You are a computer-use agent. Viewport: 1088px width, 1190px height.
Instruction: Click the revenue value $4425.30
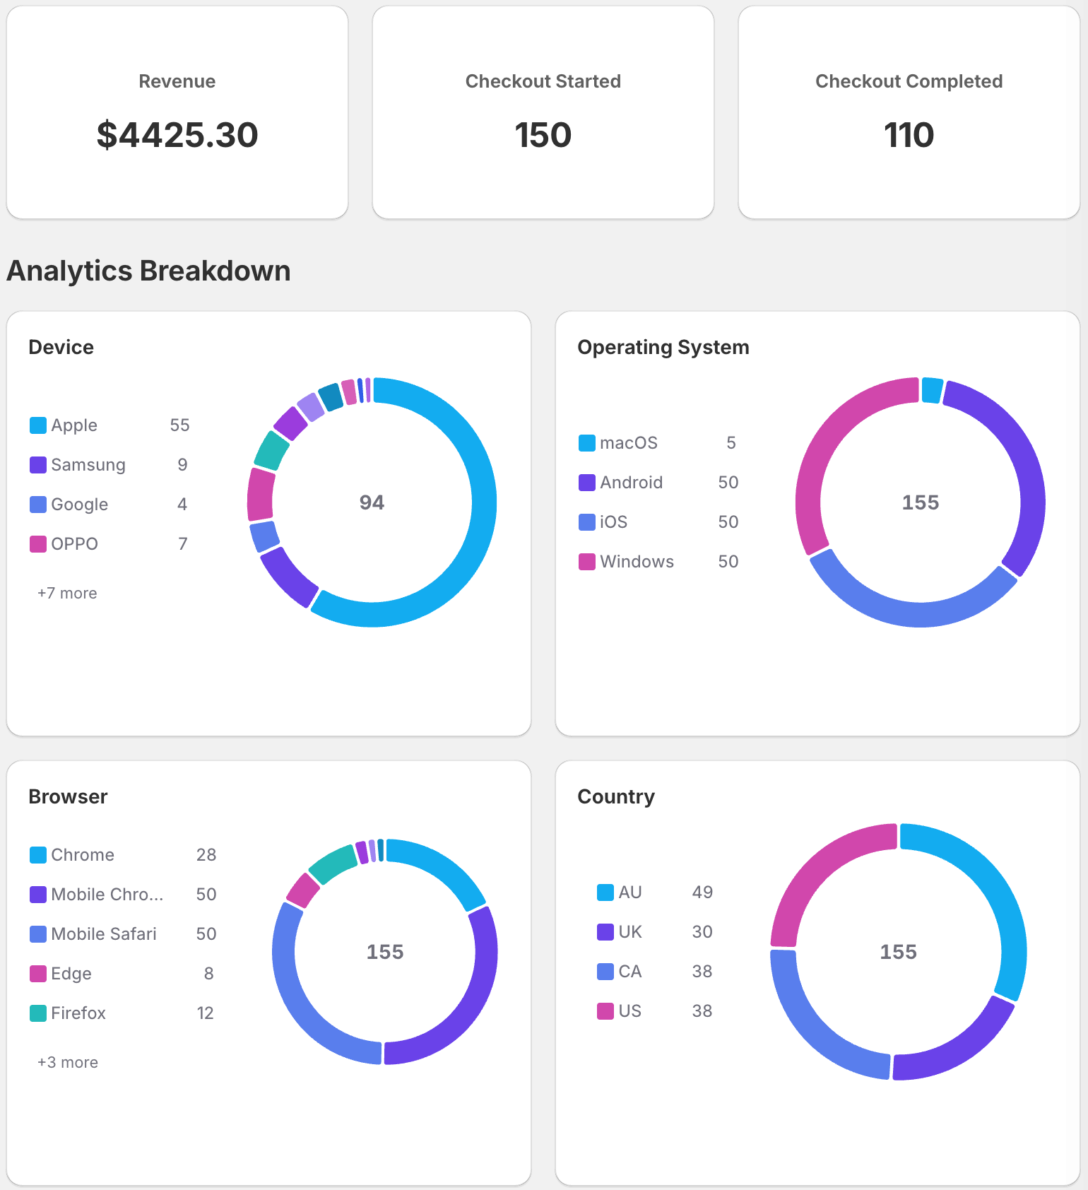pos(177,135)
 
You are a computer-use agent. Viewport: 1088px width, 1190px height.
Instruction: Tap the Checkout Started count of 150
pos(543,135)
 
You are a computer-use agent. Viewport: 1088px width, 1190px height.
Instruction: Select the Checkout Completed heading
pos(909,81)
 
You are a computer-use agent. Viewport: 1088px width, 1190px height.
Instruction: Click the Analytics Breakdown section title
pos(148,271)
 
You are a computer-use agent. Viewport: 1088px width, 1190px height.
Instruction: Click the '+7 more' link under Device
pos(67,594)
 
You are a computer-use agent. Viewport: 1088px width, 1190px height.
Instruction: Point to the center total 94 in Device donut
pos(372,502)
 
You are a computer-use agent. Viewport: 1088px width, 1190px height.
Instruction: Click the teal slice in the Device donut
pos(271,450)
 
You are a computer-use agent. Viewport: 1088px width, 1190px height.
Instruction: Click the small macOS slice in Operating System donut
pos(932,390)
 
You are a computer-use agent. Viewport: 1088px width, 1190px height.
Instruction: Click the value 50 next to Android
pos(728,483)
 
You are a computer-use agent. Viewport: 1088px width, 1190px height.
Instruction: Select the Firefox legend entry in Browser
pos(78,1013)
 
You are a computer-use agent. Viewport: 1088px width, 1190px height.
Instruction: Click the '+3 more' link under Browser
pos(68,1063)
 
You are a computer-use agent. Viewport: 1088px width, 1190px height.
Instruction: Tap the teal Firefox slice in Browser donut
pos(332,864)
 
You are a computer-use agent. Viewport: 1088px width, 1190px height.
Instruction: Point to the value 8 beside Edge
pos(208,974)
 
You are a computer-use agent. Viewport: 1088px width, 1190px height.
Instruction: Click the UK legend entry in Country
pos(629,932)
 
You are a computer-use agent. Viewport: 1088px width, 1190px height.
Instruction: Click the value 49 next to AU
pos(702,892)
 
